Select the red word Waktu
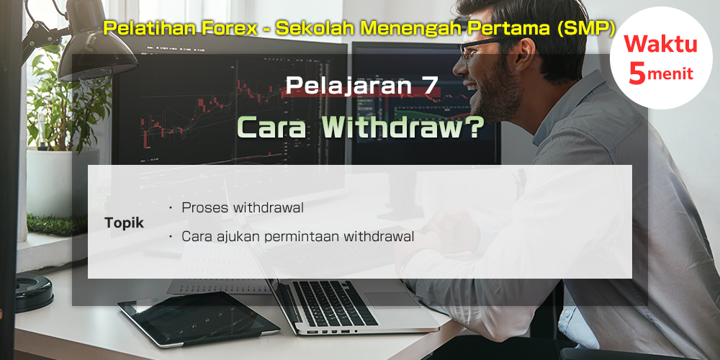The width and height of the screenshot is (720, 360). [660, 44]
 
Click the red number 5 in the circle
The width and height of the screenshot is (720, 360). [637, 73]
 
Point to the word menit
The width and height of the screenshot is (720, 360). [670, 74]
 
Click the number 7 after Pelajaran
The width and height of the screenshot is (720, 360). [431, 86]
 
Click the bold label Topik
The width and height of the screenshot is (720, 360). [124, 224]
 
